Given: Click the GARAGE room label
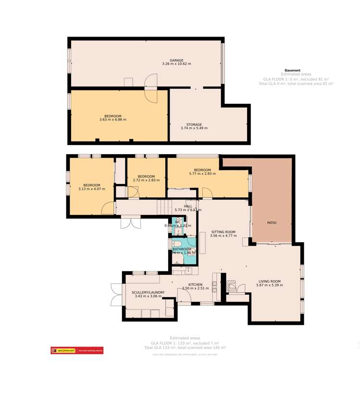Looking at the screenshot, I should coord(176,60).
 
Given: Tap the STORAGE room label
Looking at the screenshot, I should coord(194,124).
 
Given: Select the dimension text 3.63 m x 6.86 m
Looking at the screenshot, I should coord(113,120).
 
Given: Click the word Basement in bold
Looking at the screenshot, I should coord(292,70).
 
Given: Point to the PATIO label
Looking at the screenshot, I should coord(272,223).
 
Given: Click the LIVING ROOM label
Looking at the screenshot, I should coord(269,281).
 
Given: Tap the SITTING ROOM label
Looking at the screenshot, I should coord(223,232).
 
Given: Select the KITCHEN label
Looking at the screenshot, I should coord(195,284).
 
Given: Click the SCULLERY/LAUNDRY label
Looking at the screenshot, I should coord(149,292).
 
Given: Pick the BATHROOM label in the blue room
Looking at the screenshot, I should coord(182,249).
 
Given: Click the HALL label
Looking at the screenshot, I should coord(188,206).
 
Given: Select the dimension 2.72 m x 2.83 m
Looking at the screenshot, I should coord(146,180).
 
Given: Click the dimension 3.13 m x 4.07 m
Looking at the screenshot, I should coord(91,189).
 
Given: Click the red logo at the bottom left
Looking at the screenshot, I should coord(77,350).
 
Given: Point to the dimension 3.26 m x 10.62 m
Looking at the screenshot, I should coord(176,64).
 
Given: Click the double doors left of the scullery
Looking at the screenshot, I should coord(116,294).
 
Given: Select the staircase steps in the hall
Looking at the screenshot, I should coord(165,208).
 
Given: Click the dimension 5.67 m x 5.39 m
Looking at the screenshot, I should coord(269,285).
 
